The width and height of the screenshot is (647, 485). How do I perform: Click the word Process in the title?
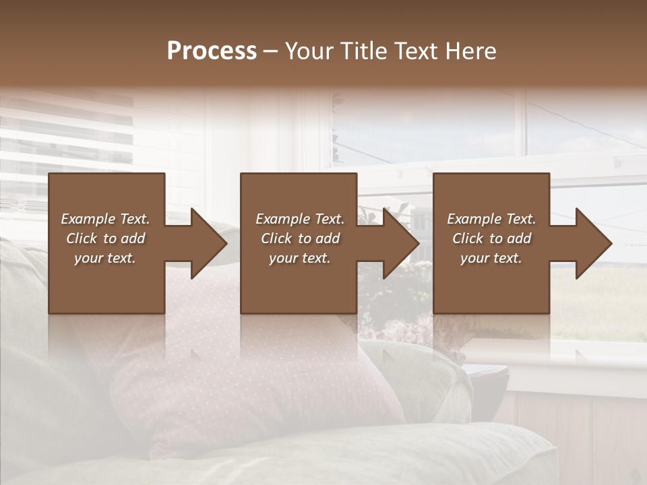point(212,51)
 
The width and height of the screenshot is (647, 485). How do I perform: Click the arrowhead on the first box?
point(206,243)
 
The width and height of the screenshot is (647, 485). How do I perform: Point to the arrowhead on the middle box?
point(398,243)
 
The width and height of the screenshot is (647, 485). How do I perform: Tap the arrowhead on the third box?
point(590,243)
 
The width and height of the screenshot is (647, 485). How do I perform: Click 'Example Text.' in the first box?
point(105,219)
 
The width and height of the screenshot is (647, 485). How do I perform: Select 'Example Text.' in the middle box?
point(299,219)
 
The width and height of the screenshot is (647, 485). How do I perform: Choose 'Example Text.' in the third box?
point(491,219)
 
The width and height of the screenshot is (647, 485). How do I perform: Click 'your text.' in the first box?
point(105,258)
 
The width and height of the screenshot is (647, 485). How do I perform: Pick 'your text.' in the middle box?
point(299,258)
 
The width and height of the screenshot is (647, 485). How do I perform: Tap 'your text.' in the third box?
point(491,258)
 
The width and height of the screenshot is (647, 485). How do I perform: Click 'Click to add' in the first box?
point(105,238)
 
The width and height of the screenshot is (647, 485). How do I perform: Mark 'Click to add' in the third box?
point(491,238)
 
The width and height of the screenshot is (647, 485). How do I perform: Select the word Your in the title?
point(308,51)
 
